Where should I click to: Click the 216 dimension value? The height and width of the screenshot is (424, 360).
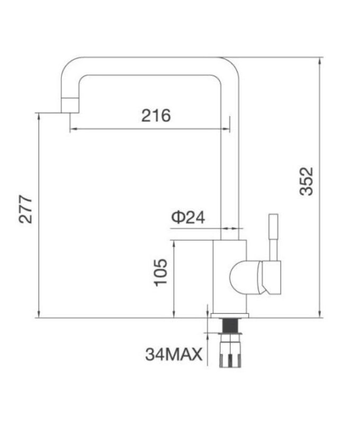click(x=156, y=116)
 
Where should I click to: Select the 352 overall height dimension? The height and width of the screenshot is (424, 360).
click(x=307, y=181)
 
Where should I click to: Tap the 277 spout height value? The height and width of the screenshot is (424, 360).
click(x=26, y=209)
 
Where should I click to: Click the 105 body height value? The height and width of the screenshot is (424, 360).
click(x=161, y=272)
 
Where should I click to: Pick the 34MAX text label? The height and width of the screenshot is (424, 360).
click(x=174, y=354)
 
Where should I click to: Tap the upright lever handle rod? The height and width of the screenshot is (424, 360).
click(x=273, y=236)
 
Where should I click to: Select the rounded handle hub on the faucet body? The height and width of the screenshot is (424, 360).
click(x=242, y=277)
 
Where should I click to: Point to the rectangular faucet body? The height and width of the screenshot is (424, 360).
click(x=229, y=276)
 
